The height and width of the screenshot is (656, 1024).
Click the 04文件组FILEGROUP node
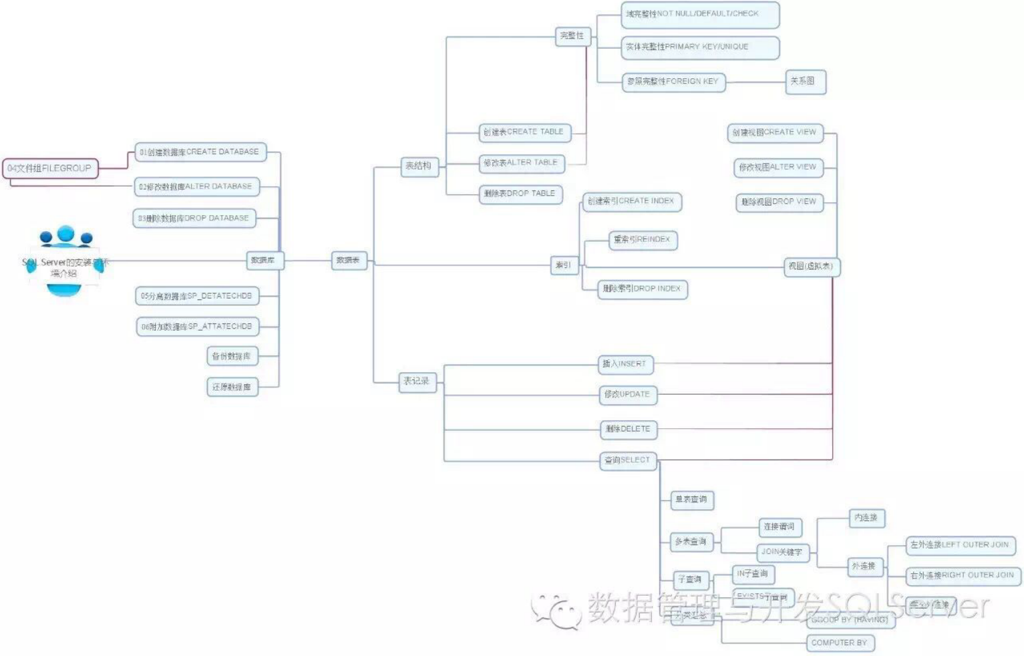(50, 168)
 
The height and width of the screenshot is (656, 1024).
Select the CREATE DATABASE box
(200, 152)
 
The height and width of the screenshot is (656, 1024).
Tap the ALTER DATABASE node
(196, 186)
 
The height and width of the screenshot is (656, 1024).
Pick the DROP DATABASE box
(194, 218)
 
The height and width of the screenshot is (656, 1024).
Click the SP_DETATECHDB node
(197, 296)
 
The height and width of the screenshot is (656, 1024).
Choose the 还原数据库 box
(232, 387)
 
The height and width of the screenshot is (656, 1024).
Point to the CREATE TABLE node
(524, 132)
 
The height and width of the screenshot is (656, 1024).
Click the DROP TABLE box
(520, 194)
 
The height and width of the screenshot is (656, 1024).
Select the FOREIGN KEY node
(673, 81)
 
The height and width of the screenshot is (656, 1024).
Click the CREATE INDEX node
(632, 201)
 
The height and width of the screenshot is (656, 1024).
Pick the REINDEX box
(643, 240)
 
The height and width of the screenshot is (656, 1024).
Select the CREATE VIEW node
(775, 132)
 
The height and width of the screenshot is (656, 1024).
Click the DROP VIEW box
(780, 202)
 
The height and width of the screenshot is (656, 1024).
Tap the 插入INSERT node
(625, 364)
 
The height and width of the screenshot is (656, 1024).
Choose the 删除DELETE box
(628, 429)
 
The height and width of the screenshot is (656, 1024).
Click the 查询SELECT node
(628, 460)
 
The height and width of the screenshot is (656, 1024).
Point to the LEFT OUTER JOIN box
(960, 545)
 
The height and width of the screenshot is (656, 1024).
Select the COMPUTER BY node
(840, 643)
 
